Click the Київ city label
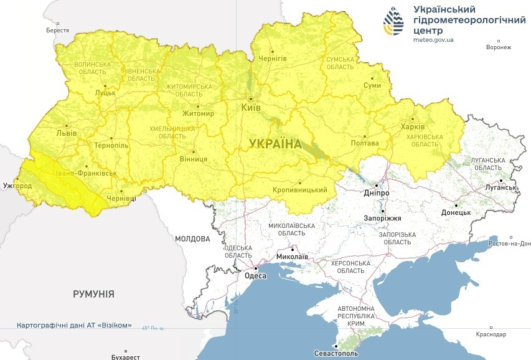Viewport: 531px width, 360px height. [250, 108]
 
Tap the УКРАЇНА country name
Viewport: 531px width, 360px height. [275, 144]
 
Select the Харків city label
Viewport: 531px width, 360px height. [413, 127]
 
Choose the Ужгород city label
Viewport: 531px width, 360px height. [17, 186]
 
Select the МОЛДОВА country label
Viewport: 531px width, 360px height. [192, 239]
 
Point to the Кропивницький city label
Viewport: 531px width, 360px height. [300, 190]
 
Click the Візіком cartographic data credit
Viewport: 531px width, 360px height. [74, 326]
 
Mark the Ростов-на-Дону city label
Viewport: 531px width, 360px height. [508, 244]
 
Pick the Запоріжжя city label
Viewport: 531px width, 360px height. [383, 219]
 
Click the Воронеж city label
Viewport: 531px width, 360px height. [499, 47]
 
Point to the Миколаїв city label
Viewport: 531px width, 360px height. [292, 257]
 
